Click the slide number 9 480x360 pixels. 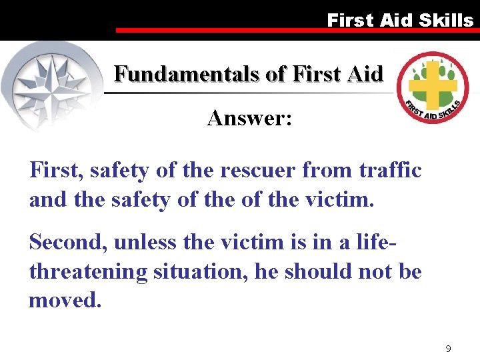(449, 349)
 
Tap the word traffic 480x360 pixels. (389, 171)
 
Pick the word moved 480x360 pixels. (65, 301)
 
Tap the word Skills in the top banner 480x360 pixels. (445, 20)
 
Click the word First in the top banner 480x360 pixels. (351, 20)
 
